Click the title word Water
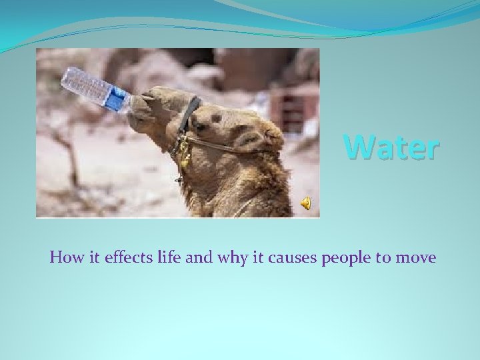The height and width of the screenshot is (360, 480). pyautogui.click(x=391, y=147)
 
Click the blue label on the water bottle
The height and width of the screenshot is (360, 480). pyautogui.click(x=117, y=100)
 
